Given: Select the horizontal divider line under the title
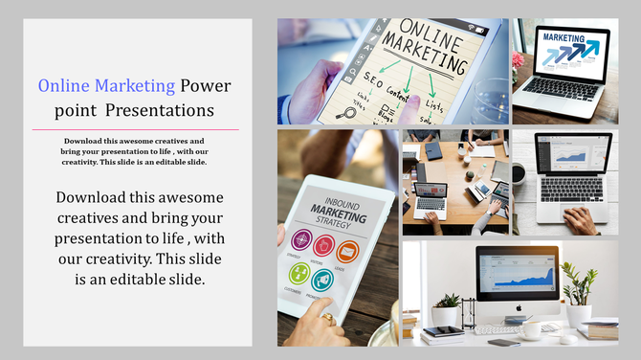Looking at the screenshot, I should pos(136,129).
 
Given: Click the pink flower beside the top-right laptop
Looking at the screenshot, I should pos(519,58).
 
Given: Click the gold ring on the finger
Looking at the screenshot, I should pos(327,317).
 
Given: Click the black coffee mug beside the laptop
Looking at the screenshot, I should pos(518,173).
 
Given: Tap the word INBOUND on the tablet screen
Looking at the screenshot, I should pos(332,201).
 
